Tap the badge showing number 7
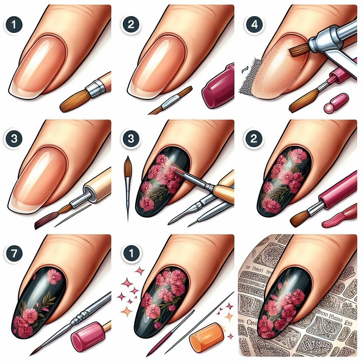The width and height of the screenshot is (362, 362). coord(14,253)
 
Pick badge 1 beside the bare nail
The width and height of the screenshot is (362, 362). coord(14,25)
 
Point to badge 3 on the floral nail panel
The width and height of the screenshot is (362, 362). coord(131,139)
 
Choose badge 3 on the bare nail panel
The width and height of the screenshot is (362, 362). coord(14,139)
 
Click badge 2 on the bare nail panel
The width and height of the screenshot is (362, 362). coord(131,25)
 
